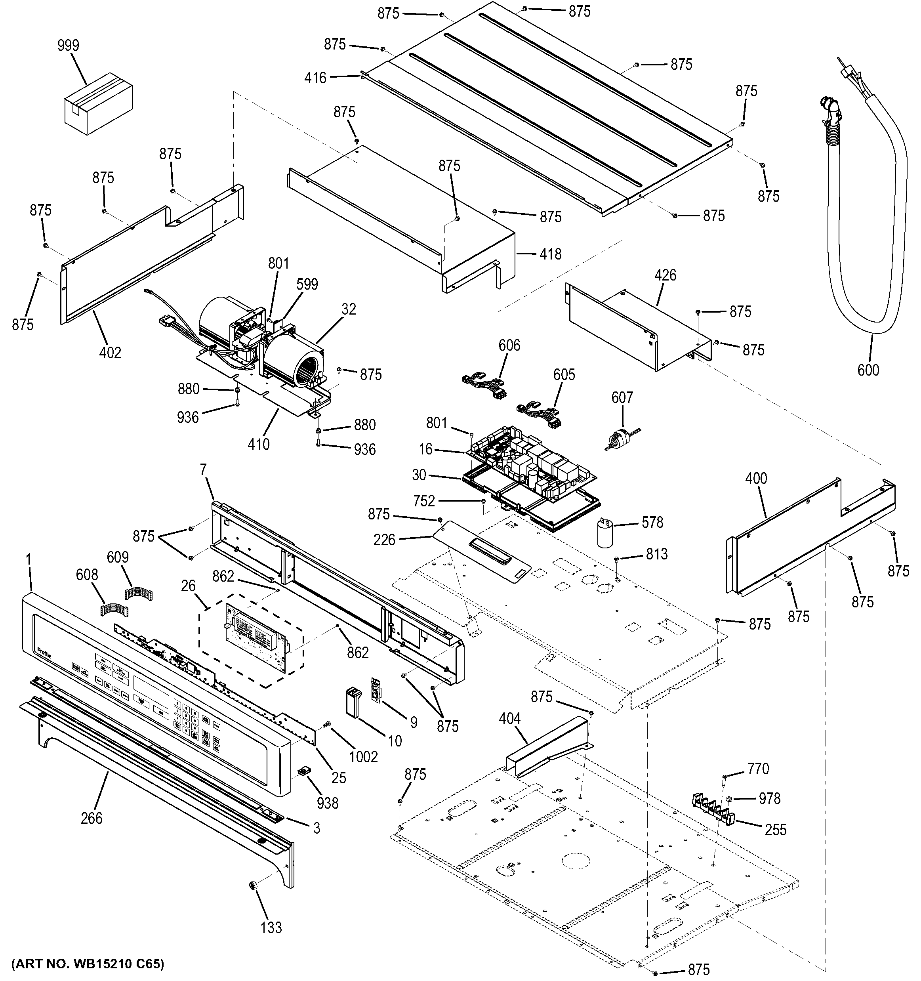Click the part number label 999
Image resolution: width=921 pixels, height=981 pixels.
[68, 46]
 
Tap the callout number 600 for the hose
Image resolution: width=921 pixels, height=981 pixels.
[868, 370]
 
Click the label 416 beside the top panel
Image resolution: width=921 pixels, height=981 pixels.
[315, 78]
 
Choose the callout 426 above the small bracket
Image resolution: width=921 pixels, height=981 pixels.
[665, 275]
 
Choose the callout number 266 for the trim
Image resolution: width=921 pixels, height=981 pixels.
[92, 818]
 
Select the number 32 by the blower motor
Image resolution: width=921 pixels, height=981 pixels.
[348, 309]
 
